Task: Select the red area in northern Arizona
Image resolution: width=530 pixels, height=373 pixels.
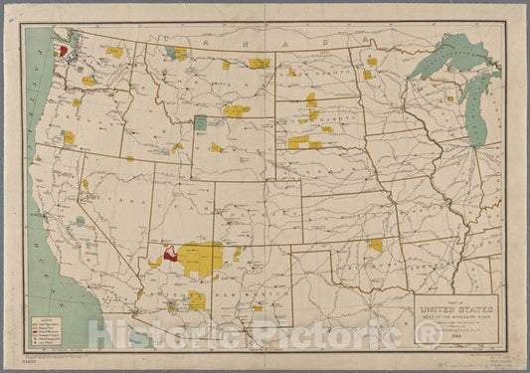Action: click(x=171, y=255)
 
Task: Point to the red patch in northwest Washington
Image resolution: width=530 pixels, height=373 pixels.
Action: click(x=62, y=49)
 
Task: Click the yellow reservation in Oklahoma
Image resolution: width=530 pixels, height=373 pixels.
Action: click(x=376, y=245)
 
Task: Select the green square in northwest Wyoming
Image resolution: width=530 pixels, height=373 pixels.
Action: click(x=200, y=122)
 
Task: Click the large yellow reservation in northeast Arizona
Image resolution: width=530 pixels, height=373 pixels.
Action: click(x=205, y=256)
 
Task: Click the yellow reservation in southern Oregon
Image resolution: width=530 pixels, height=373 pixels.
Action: click(x=69, y=136)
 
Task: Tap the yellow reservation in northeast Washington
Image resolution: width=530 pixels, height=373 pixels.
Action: click(x=116, y=52)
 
